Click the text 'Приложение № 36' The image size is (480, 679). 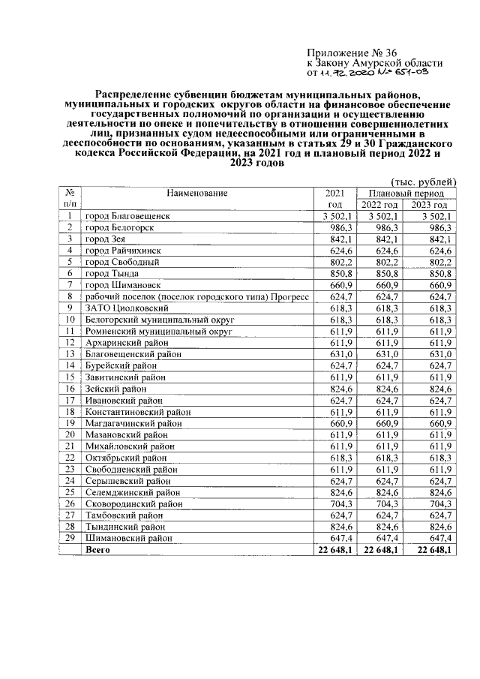coord(352,52)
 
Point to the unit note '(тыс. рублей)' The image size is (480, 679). coord(424,182)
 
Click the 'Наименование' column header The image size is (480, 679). coord(197,194)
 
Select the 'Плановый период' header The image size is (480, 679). coord(406,194)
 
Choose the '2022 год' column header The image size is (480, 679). coord(379,205)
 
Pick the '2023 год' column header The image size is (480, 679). coord(430,205)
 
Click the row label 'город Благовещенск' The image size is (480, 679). coord(127,216)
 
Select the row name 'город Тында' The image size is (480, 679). coord(109,274)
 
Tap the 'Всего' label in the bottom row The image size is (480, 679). coord(98,550)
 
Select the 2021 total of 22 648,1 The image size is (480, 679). coord(330,550)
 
